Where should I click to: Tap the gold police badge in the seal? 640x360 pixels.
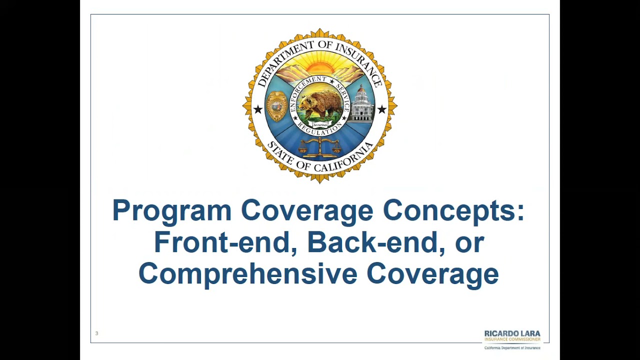click(276, 106)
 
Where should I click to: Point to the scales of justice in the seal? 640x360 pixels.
click(320, 147)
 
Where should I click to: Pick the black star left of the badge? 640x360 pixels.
click(257, 109)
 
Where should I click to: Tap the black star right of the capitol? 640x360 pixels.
click(382, 109)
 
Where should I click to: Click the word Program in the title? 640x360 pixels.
click(171, 211)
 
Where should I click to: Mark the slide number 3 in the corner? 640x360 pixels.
click(97, 333)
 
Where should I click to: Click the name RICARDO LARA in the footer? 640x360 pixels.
click(512, 333)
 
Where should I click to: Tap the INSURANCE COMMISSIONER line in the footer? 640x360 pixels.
click(512, 339)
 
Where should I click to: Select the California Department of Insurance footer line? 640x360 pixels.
click(512, 347)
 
